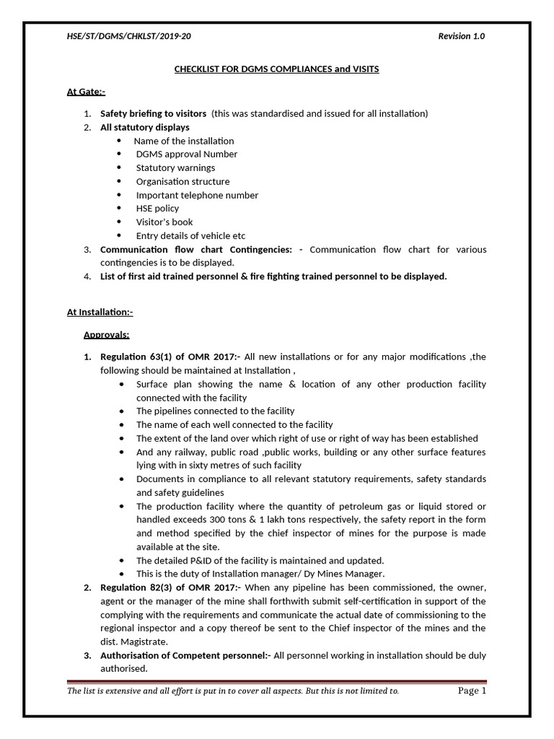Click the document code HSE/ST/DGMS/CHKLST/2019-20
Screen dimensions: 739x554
(x=129, y=37)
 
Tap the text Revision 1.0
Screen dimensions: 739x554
(x=462, y=37)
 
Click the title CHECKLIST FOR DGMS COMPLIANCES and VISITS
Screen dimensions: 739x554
(x=277, y=69)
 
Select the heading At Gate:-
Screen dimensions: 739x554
(x=86, y=92)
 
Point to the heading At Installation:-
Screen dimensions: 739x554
(x=100, y=312)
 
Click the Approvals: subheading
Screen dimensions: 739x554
(x=107, y=335)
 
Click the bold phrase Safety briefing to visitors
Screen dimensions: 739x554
(x=153, y=113)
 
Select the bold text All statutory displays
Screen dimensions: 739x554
(x=145, y=127)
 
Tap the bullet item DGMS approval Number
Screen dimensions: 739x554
(x=186, y=154)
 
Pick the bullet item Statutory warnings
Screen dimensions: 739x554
(x=175, y=167)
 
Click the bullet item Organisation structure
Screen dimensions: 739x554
(x=183, y=181)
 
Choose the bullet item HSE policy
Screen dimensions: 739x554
(x=157, y=208)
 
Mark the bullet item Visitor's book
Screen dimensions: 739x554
(x=164, y=222)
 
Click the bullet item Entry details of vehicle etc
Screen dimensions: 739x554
(x=190, y=235)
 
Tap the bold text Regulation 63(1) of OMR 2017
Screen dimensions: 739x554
(x=168, y=357)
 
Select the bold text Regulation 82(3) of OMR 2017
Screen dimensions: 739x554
(x=168, y=587)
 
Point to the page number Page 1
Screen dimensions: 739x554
(x=472, y=691)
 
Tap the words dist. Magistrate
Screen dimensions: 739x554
(x=136, y=642)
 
